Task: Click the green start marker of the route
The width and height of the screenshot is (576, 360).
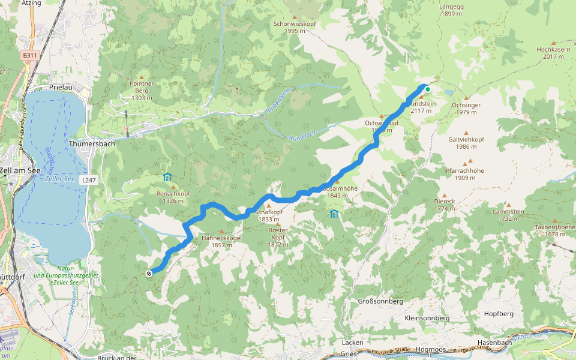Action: tap(428, 90)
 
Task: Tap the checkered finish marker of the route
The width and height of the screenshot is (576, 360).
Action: tap(149, 274)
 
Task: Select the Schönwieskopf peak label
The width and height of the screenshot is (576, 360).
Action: tap(294, 23)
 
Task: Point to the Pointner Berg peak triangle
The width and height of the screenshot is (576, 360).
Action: tap(142, 77)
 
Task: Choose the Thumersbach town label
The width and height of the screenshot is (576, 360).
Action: tap(92, 144)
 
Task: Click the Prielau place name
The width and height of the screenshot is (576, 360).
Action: tap(61, 88)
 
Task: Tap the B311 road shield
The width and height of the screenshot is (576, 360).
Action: tap(29, 55)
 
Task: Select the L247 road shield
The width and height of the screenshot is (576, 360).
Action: tap(89, 179)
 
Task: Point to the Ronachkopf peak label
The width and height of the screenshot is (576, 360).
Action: tap(173, 194)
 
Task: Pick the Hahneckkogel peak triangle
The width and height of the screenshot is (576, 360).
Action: tap(223, 232)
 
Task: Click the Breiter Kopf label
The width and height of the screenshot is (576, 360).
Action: tap(278, 231)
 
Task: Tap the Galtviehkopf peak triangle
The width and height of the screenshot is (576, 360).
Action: tap(466, 133)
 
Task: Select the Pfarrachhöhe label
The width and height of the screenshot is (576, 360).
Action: tap(465, 170)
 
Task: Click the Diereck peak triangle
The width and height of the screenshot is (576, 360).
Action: tap(444, 196)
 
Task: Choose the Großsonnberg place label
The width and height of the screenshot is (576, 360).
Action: tap(380, 301)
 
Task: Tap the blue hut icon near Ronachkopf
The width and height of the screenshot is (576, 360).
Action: tap(167, 177)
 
